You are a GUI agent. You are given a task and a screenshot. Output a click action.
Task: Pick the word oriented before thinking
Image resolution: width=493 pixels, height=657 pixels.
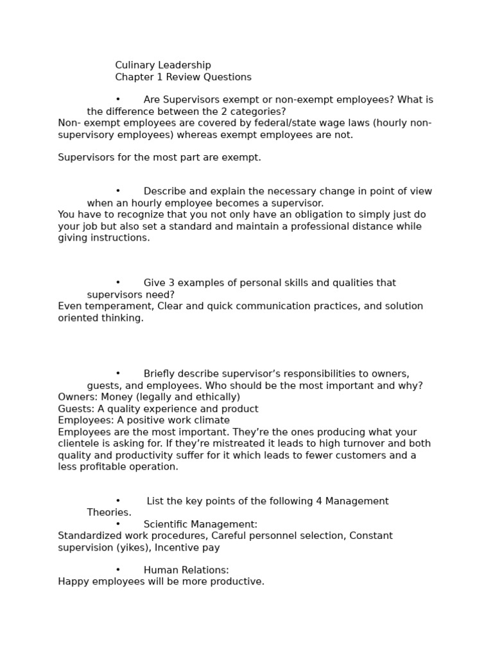pos(78,318)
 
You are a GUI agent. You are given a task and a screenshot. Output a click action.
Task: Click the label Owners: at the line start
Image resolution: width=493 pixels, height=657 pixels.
pos(78,397)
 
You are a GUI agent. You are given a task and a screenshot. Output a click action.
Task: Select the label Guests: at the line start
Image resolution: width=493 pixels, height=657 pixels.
pos(76,409)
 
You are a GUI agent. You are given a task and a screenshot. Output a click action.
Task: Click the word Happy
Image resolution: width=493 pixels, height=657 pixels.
pos(73,582)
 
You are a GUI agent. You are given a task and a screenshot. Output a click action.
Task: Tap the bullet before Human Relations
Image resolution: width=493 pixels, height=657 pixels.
pos(118,570)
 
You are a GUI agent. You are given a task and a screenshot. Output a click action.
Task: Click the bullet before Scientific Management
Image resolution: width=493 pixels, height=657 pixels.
pos(118,524)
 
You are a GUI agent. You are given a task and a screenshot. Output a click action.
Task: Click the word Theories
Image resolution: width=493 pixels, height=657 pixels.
pos(109,513)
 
